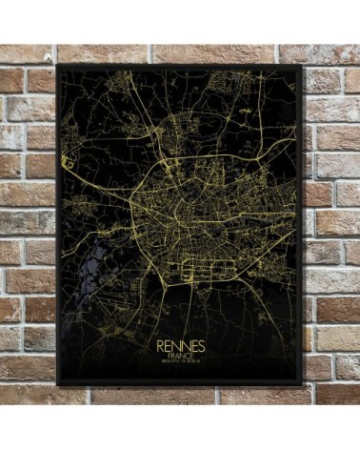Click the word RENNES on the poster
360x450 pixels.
179,342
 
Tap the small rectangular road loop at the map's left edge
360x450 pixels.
68,159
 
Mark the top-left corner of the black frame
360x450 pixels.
57,65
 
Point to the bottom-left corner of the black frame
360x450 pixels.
57,385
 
